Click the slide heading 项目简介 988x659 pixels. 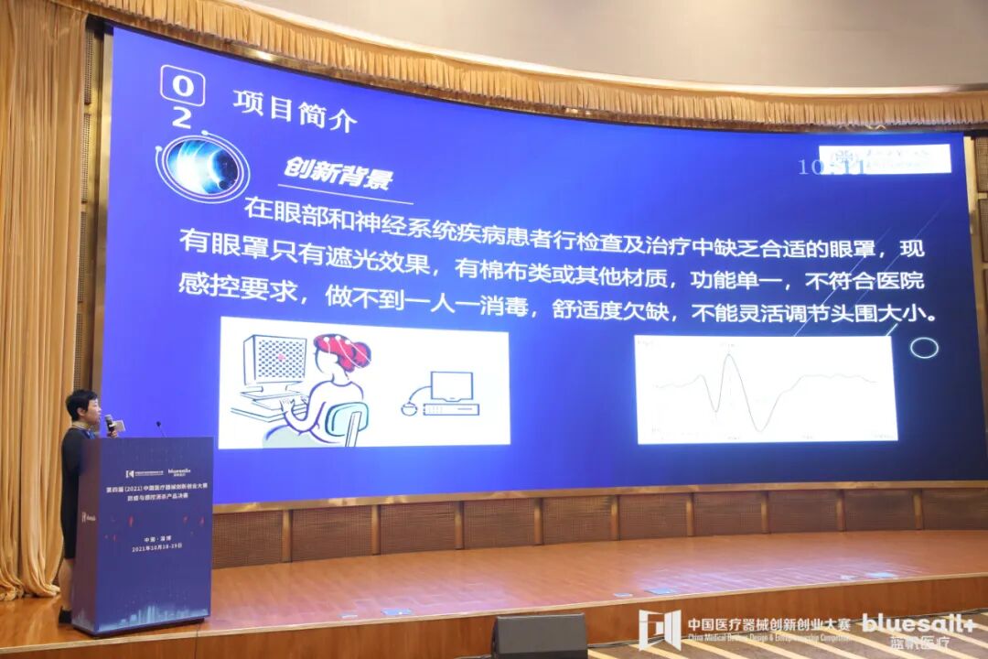[x=294, y=111]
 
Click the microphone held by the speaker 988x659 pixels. [x=110, y=423]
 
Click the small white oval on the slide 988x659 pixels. [x=924, y=348]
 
